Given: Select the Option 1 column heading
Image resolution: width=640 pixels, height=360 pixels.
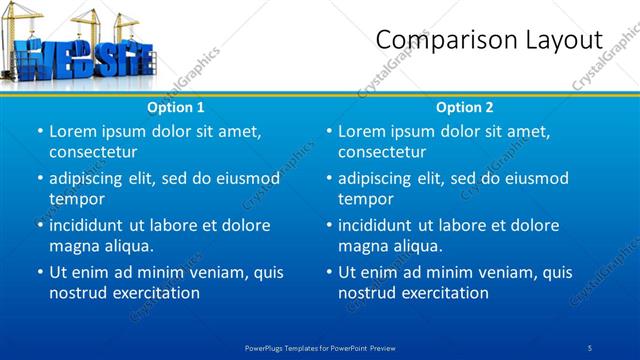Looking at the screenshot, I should [176, 107].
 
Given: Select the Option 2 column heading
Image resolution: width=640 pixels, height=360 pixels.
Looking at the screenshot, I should [465, 107].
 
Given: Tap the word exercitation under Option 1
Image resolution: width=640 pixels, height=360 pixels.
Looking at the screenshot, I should [154, 293].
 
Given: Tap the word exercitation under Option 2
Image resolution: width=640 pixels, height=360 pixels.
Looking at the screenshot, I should [443, 293].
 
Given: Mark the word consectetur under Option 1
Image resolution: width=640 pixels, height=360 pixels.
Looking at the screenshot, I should [93, 152].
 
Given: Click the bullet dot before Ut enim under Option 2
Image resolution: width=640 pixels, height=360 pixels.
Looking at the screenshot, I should [329, 272].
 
